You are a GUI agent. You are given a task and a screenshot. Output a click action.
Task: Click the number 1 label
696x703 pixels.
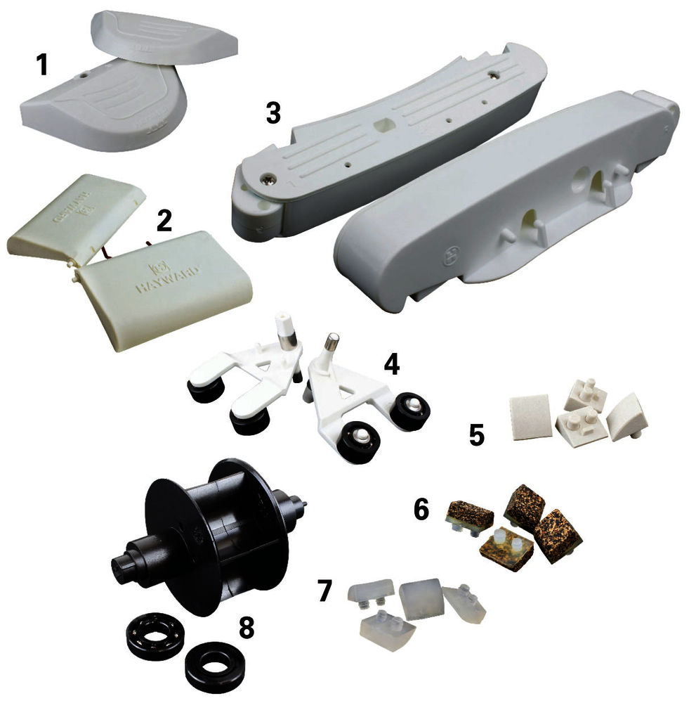pyautogui.click(x=43, y=65)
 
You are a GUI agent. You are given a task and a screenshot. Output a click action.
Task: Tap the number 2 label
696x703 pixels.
pyautogui.click(x=164, y=220)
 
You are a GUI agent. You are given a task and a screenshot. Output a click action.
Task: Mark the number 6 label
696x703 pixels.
pyautogui.click(x=421, y=510)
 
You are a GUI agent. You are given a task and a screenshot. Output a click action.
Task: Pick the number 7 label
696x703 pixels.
pyautogui.click(x=324, y=591)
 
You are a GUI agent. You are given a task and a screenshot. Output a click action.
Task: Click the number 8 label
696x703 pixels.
pyautogui.click(x=246, y=628)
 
